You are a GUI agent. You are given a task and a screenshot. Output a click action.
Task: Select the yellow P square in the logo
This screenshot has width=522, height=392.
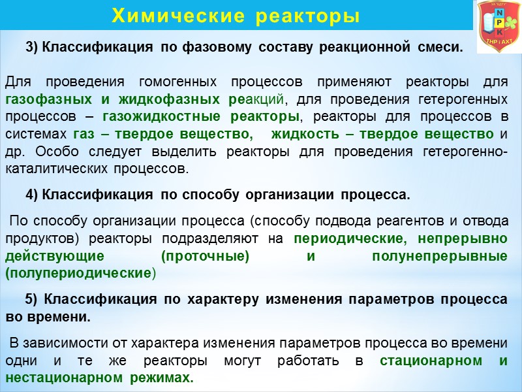click(x=499, y=23)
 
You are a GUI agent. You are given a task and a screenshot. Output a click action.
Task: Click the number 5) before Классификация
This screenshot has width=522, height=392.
click(x=32, y=299)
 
